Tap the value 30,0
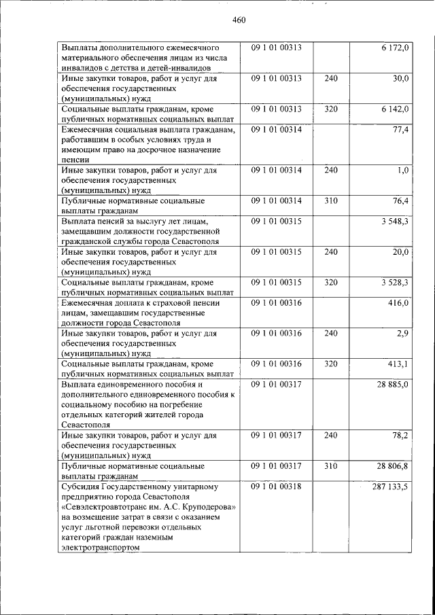pyautogui.click(x=400, y=80)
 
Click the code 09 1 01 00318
pyautogui.click(x=276, y=487)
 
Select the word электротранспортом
pyautogui.click(x=99, y=548)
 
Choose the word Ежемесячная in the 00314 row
pyautogui.click(x=85, y=130)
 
